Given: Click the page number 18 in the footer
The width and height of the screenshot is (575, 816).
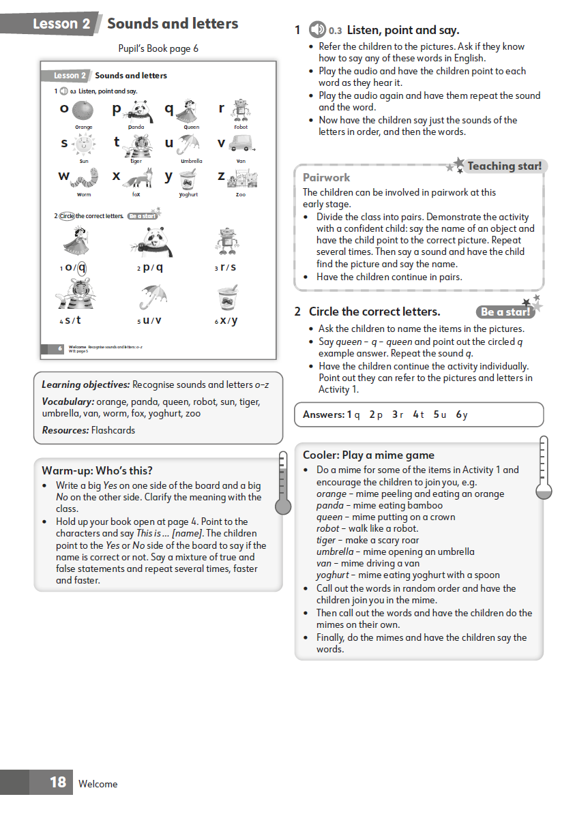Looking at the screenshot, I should [x=58, y=782].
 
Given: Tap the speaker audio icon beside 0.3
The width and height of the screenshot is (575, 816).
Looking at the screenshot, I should [x=317, y=30].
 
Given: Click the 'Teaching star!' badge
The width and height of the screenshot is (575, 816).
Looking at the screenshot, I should [x=504, y=166].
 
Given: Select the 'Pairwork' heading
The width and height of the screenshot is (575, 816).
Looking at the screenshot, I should [x=326, y=177].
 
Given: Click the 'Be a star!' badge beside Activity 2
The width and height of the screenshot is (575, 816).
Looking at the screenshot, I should [x=505, y=312].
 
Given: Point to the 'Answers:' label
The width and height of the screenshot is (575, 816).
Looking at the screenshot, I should [x=323, y=414].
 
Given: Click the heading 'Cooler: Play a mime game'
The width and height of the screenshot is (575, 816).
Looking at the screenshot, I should [x=368, y=455].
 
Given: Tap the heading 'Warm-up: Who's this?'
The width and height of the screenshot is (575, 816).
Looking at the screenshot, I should [x=97, y=470].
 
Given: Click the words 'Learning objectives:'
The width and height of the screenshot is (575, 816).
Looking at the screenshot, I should [x=85, y=385].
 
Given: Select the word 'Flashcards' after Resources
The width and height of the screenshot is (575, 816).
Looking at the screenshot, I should [x=113, y=430].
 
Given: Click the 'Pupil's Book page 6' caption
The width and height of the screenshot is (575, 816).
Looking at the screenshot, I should [x=158, y=48].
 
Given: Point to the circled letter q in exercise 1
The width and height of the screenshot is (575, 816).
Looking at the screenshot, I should [x=82, y=267].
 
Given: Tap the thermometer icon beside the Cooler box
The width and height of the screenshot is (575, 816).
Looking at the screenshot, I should [x=544, y=470].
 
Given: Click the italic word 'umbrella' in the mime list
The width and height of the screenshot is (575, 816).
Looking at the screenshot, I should [x=335, y=551].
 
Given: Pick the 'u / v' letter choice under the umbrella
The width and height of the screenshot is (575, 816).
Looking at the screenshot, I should [x=151, y=320].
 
